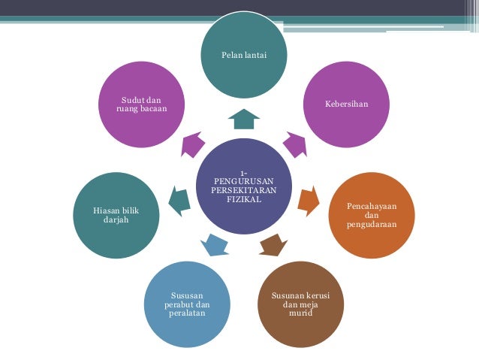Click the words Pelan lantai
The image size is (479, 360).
click(x=243, y=55)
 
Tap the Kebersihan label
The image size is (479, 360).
click(x=346, y=103)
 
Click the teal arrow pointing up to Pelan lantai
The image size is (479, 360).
click(x=243, y=118)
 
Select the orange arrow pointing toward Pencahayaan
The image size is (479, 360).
click(x=309, y=198)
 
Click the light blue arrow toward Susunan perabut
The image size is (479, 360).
click(x=215, y=244)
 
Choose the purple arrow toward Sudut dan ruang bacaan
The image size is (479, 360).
click(x=192, y=144)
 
